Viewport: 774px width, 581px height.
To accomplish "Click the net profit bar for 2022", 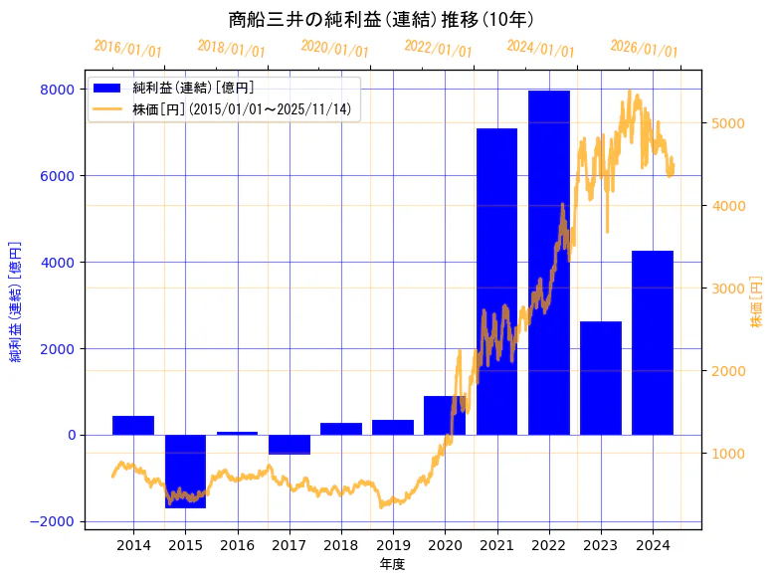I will point(548,263).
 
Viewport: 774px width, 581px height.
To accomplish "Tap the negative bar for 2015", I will point(185,471).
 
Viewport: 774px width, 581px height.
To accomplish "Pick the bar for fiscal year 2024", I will point(653,342).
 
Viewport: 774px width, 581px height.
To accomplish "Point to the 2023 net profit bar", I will point(600,378).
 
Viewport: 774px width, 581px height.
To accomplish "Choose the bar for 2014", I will point(133,425).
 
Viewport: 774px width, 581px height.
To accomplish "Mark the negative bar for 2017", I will point(289,445).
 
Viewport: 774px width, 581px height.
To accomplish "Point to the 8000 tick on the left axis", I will point(56,90).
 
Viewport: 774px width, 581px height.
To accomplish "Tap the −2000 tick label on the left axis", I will point(52,521).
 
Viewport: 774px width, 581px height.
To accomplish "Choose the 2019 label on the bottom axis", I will point(392,546).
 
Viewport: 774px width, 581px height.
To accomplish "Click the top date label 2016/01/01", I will point(127,48).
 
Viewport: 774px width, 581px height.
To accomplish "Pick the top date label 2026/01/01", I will point(644,48).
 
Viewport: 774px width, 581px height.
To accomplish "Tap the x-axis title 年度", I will point(392,565).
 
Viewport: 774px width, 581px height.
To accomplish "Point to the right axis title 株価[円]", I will point(757,303).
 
